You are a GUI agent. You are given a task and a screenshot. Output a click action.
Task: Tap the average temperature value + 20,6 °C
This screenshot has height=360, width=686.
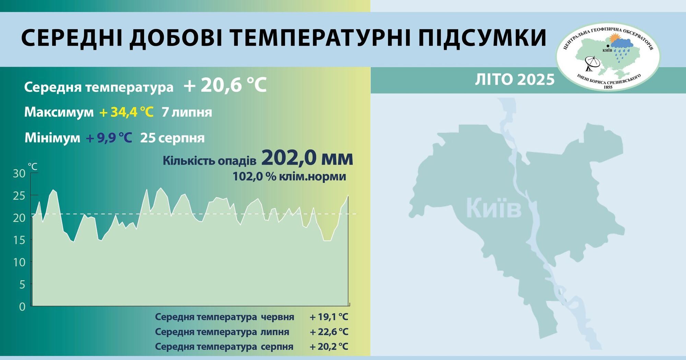[x=225, y=85]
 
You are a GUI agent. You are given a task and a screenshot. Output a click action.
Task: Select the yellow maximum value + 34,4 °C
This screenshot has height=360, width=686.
[x=126, y=112]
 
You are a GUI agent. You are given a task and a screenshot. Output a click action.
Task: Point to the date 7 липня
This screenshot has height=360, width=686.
[x=187, y=112]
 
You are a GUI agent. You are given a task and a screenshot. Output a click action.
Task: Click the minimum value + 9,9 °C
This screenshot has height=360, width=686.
[x=109, y=138]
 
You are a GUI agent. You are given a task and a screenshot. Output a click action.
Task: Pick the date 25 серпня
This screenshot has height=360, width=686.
[x=172, y=138]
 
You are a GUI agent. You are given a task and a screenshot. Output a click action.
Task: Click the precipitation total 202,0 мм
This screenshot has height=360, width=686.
[x=307, y=158]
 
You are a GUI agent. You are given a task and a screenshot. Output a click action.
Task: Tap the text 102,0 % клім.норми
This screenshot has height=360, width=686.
[x=289, y=177]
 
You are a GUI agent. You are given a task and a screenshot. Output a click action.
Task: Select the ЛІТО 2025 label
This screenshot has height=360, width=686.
[x=514, y=80]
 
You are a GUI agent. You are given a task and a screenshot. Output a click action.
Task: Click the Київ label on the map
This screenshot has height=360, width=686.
[x=494, y=208]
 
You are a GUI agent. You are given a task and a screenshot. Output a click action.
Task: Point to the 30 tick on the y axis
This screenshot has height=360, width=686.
[x=19, y=173]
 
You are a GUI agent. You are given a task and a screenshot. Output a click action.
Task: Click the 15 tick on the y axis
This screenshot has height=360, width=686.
[x=19, y=240]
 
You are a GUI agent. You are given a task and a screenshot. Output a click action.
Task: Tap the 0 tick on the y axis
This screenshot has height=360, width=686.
[x=22, y=307]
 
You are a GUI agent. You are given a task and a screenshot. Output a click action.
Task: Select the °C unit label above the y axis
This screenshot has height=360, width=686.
[x=33, y=167]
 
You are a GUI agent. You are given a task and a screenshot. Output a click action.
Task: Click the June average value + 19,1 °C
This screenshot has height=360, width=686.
[x=329, y=317]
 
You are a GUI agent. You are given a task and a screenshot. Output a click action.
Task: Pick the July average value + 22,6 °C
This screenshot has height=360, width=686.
[x=329, y=332]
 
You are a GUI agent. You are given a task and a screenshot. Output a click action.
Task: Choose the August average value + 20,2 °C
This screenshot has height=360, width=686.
[x=329, y=347]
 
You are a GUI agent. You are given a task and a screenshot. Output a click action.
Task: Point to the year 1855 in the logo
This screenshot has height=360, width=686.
[x=608, y=87]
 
